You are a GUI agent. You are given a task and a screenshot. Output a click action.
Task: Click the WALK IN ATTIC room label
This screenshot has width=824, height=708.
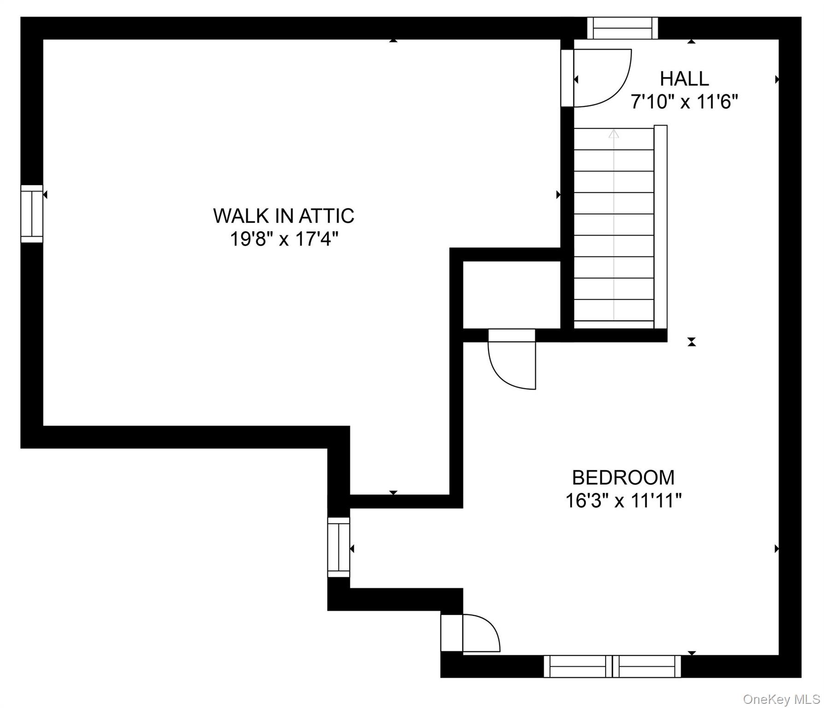coord(283,216)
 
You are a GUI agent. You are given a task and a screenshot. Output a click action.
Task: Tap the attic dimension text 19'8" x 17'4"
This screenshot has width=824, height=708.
coord(284,239)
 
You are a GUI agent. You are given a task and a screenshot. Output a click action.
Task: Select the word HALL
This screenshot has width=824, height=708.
coord(684,79)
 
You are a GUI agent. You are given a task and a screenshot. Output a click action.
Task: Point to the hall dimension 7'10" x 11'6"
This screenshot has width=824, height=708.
coord(684,101)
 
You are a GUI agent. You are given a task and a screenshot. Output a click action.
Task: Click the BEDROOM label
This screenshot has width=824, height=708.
coord(623,478)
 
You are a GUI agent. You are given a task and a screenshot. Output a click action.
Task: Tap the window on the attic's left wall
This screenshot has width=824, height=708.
coord(32,213)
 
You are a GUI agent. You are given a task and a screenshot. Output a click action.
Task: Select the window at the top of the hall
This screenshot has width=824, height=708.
coord(623,28)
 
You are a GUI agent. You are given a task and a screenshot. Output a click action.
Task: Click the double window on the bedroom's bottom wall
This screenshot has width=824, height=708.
coord(612,666)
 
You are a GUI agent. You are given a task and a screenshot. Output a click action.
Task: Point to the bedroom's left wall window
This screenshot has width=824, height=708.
coord(339,547)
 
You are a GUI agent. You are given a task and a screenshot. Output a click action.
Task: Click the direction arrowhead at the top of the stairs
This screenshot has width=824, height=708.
coord(613,134)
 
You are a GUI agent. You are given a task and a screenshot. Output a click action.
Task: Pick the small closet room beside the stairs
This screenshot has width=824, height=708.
coord(512,295)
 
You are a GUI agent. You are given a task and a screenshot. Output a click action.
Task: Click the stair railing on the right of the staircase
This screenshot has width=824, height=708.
coord(660,227)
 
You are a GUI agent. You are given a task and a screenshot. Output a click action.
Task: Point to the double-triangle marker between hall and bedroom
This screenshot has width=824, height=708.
coord(691,342)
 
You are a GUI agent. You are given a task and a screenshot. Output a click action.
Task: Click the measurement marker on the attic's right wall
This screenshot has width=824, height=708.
coord(558,195)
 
